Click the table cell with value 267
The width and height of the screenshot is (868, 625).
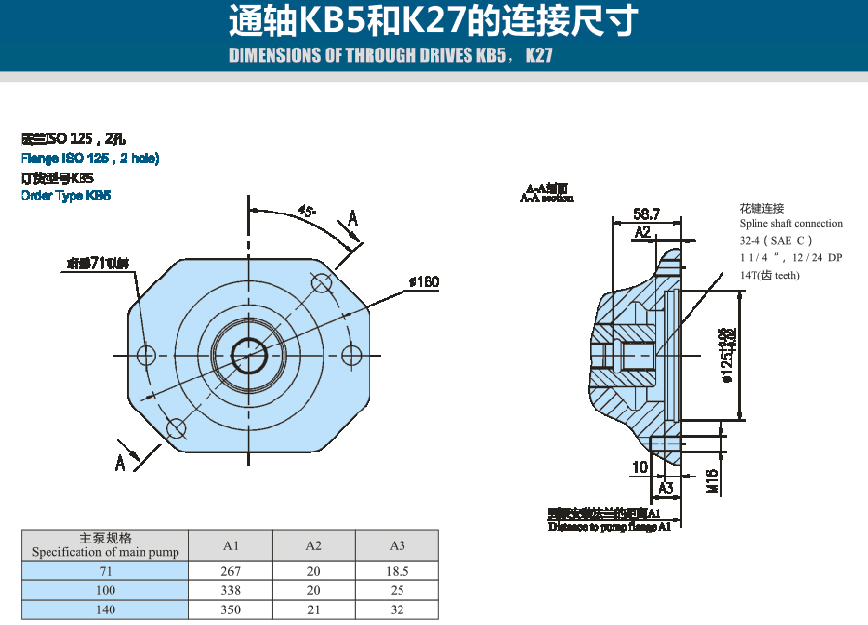coord(231,571)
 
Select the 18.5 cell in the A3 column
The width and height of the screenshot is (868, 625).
coord(397,571)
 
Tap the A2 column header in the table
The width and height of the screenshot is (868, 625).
coord(314,545)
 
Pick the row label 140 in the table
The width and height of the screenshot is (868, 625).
coord(105,609)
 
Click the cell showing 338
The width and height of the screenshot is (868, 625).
coord(231,590)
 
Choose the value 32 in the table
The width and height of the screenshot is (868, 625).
coord(397,609)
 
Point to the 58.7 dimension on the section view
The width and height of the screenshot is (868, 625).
coord(647,214)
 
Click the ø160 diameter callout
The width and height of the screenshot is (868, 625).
coord(424,282)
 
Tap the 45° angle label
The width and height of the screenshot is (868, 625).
coord(306,211)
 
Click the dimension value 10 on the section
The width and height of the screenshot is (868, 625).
coord(639,468)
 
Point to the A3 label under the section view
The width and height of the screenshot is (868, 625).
coord(665,487)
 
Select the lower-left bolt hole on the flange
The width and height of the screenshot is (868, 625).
coord(176,428)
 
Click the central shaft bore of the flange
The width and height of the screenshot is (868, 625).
coord(249,355)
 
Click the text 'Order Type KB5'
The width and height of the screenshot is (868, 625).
coord(66,195)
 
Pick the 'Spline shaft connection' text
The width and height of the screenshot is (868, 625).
coord(790,223)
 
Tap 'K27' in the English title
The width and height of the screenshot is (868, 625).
coord(538,55)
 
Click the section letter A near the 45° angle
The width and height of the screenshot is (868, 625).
coord(353,219)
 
